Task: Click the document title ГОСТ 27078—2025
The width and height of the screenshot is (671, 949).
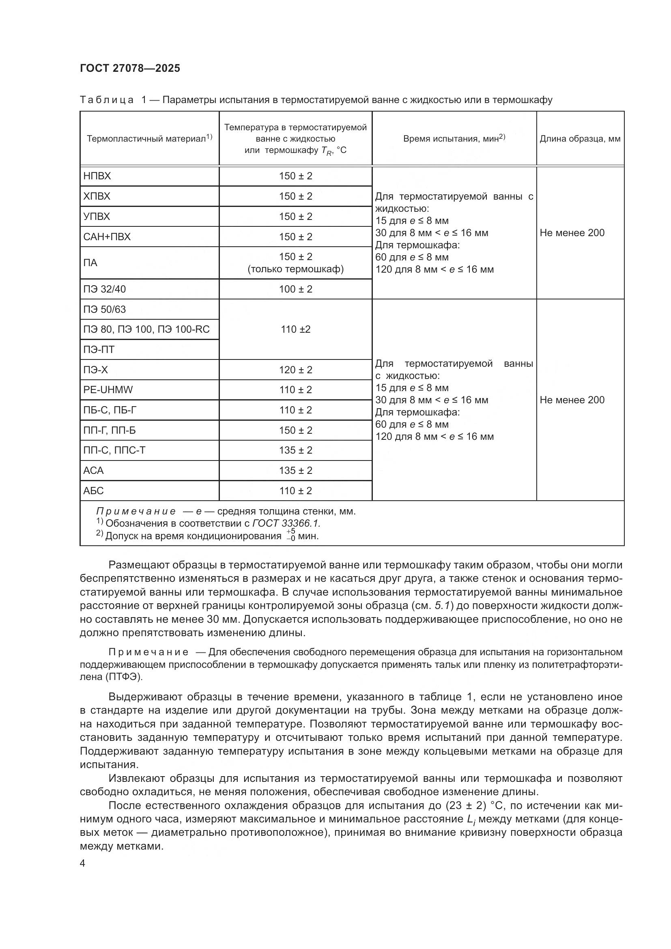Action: click(x=130, y=69)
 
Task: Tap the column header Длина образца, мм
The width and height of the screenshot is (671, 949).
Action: click(x=580, y=139)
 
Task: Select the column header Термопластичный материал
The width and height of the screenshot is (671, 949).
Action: click(x=149, y=138)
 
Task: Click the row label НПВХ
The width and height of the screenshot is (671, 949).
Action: click(x=97, y=176)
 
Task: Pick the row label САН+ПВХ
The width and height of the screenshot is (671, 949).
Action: click(x=107, y=237)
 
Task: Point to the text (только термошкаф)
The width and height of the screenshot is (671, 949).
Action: click(x=295, y=269)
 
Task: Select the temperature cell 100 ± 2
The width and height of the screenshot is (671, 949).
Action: click(x=295, y=289)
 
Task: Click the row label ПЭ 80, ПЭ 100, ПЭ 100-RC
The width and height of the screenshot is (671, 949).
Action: click(x=146, y=329)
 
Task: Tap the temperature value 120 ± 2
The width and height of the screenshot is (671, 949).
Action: click(x=295, y=370)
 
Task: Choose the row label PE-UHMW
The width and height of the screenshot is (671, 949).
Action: click(x=108, y=390)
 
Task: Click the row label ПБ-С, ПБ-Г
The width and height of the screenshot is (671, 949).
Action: click(x=110, y=410)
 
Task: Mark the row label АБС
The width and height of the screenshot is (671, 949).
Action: click(x=93, y=491)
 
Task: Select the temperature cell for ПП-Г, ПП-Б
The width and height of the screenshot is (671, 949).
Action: click(x=295, y=430)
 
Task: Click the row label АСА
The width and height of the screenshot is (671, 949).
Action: click(x=93, y=471)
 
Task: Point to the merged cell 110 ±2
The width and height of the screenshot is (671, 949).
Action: click(x=295, y=329)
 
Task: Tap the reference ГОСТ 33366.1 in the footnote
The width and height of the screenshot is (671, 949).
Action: click(x=286, y=524)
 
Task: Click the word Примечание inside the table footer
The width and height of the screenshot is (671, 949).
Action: click(x=136, y=512)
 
